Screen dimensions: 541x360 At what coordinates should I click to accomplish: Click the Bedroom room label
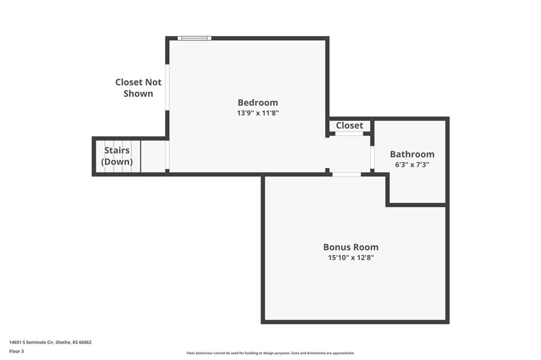click(258, 102)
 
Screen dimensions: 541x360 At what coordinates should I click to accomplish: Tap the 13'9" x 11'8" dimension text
click(258, 113)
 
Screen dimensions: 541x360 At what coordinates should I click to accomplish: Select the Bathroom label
click(412, 154)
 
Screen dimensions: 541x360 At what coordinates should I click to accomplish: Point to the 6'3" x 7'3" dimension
click(412, 165)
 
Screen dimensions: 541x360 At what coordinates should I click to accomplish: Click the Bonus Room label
click(351, 247)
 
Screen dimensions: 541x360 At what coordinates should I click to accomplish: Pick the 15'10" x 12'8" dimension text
click(351, 257)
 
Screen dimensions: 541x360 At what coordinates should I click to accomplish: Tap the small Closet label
click(350, 126)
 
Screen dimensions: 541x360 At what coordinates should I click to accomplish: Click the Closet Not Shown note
click(138, 88)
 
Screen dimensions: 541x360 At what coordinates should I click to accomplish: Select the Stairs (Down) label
click(117, 156)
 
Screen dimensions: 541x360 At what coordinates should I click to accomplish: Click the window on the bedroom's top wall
click(194, 38)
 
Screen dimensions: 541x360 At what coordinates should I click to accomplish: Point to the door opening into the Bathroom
click(372, 157)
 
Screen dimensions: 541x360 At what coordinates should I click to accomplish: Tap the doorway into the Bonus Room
click(347, 174)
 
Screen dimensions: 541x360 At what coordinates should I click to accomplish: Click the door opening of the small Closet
click(349, 134)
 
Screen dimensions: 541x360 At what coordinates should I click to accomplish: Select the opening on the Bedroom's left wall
click(167, 87)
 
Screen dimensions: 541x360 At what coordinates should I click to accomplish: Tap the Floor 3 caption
click(16, 352)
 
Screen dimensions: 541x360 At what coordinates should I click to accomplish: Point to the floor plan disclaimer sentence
click(270, 353)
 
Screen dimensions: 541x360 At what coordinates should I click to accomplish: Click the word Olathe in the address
click(63, 343)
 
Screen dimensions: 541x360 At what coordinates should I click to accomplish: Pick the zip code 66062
click(85, 343)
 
